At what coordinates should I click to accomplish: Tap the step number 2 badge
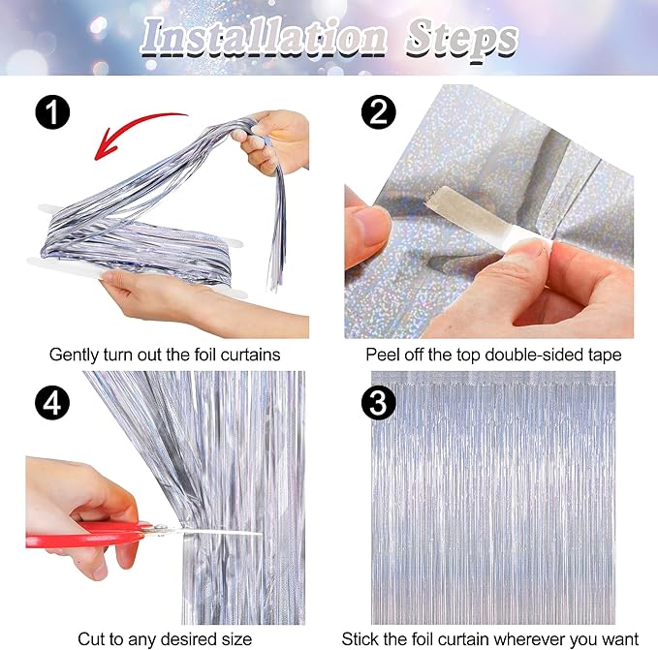[377, 113]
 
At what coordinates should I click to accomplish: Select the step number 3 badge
[377, 401]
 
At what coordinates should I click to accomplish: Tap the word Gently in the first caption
[74, 355]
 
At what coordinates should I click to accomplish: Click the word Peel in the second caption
[382, 355]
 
